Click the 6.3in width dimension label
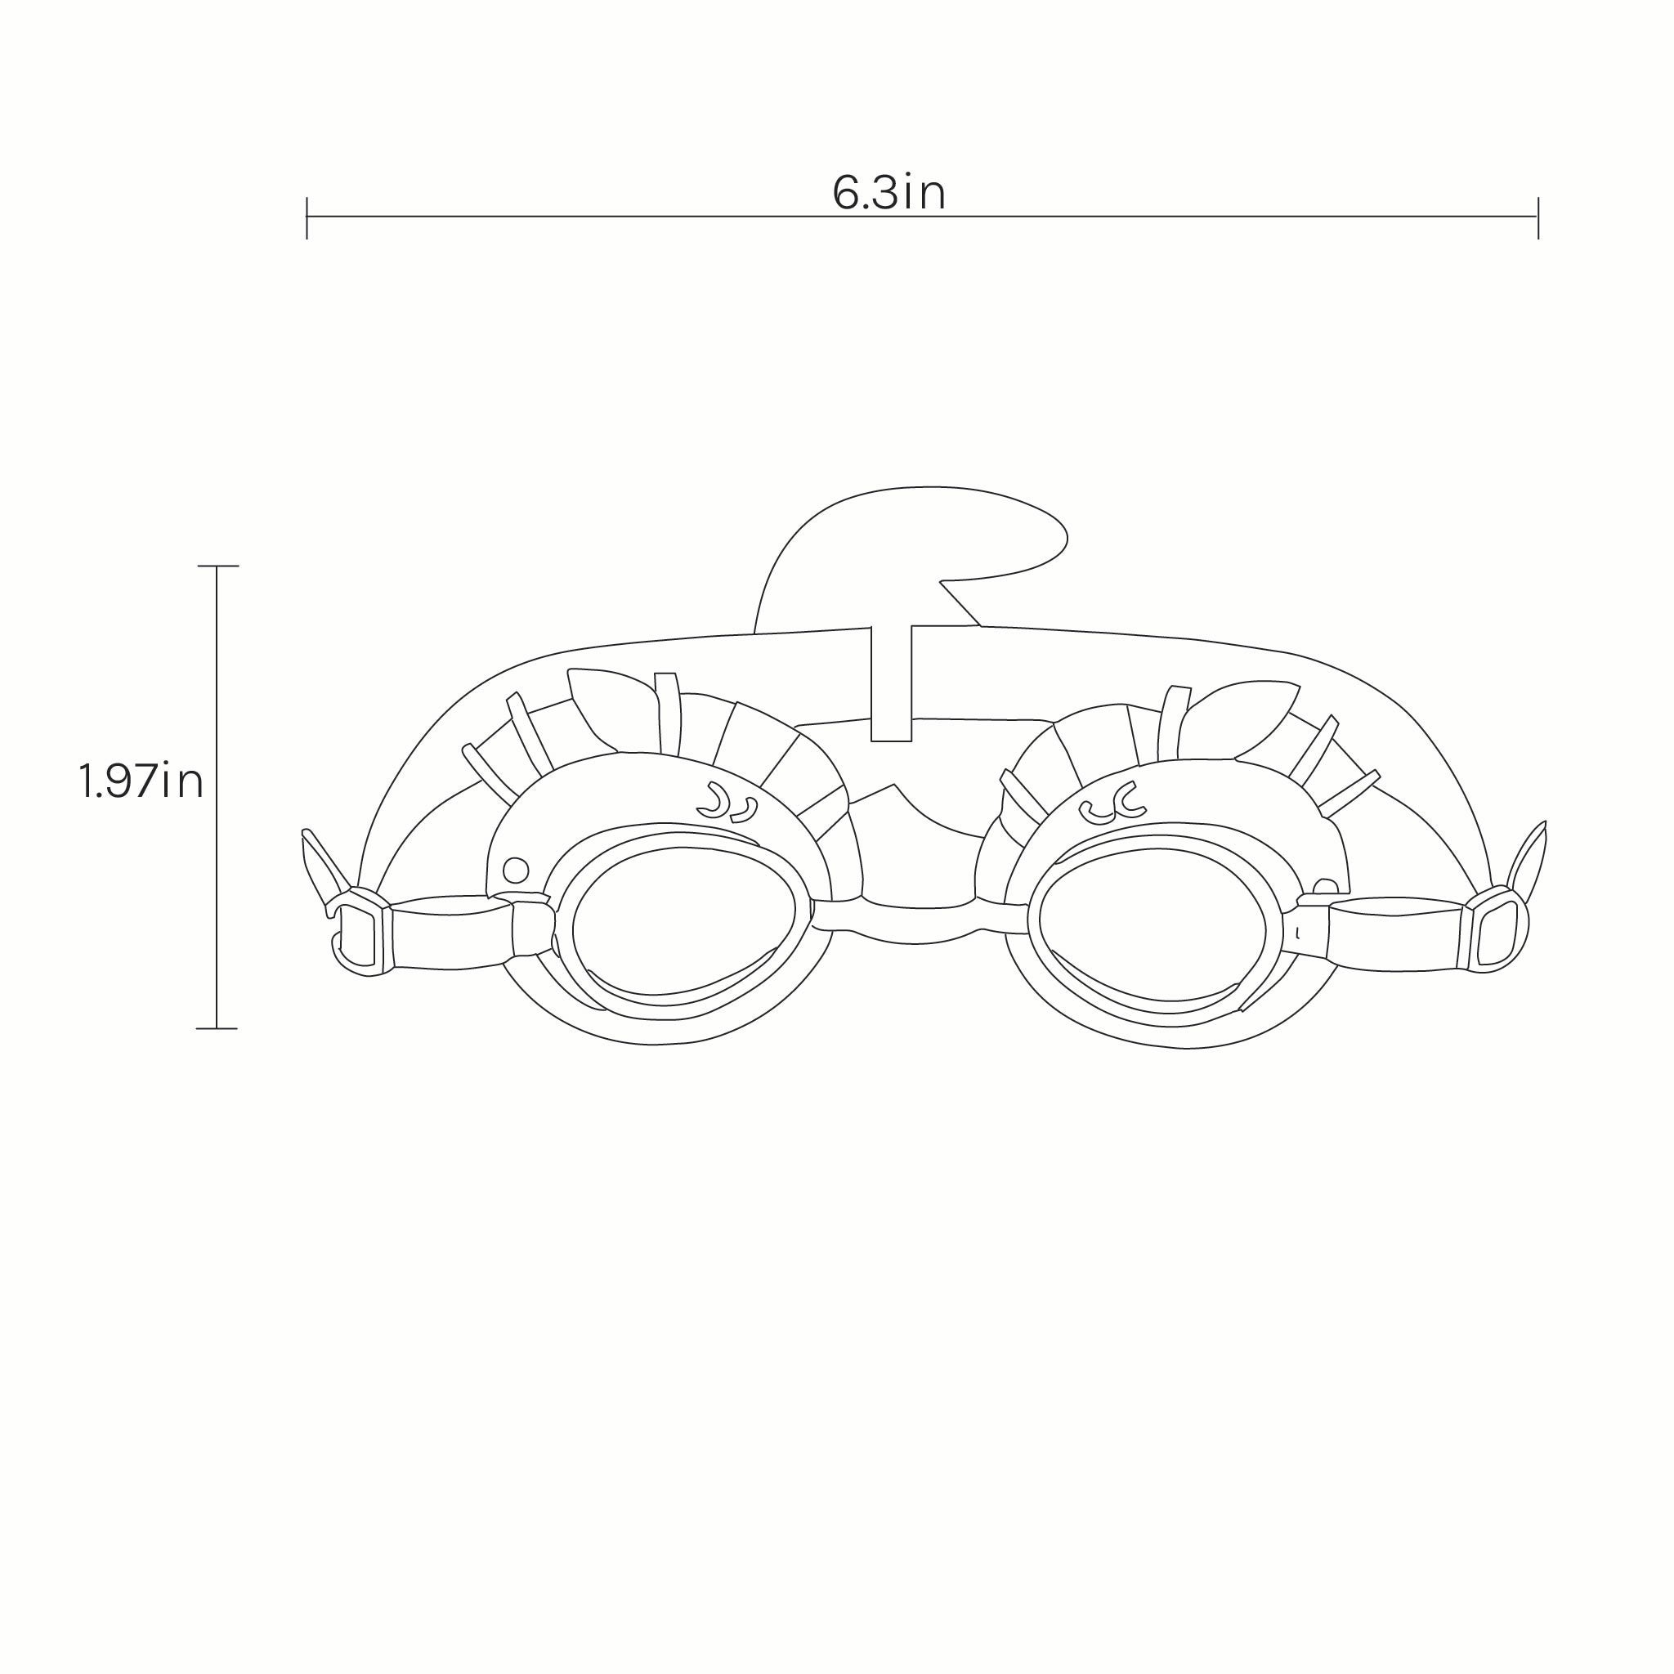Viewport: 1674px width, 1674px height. click(889, 192)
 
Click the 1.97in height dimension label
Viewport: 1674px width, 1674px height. click(141, 781)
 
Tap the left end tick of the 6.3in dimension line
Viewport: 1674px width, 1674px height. click(307, 217)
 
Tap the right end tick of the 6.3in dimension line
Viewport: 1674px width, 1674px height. click(1538, 217)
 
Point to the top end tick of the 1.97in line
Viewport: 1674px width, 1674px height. click(217, 566)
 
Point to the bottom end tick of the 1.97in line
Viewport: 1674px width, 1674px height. click(217, 1028)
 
